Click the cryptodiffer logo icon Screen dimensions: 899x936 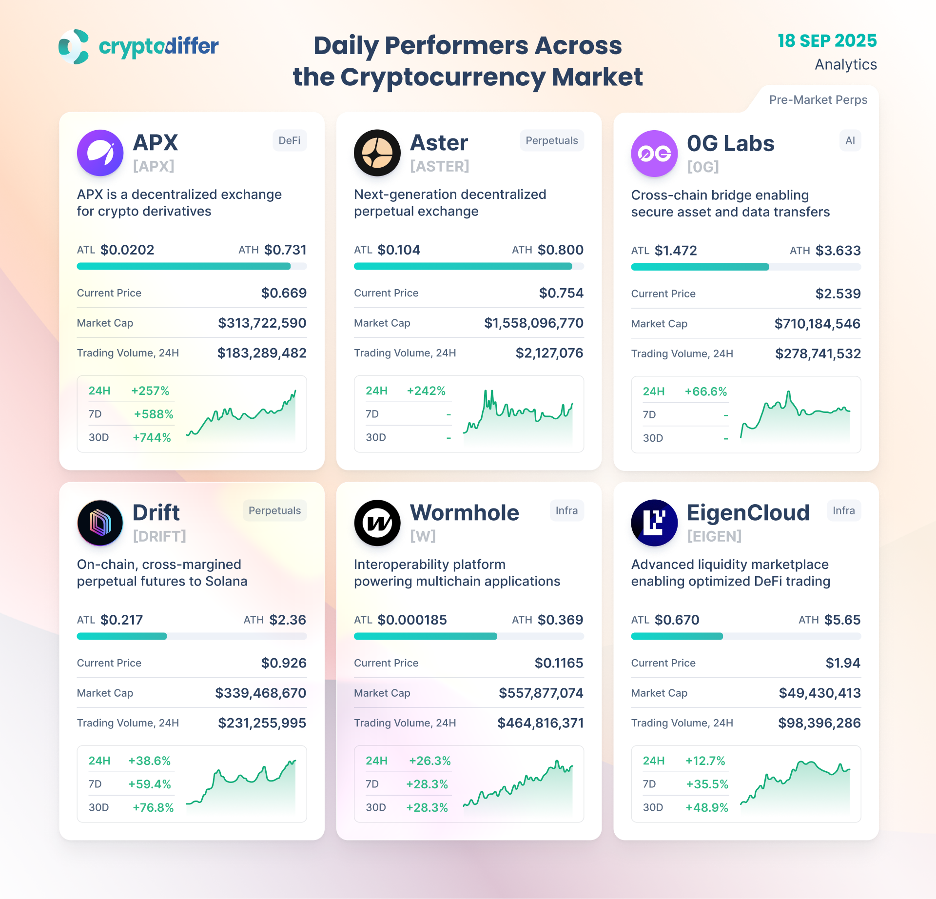click(74, 46)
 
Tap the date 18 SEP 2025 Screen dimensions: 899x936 click(827, 40)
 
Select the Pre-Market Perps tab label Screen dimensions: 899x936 click(818, 100)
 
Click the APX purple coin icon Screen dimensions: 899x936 click(100, 153)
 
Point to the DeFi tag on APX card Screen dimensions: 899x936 click(289, 140)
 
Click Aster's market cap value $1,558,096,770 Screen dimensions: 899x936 click(533, 323)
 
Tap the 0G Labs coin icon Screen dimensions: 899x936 click(654, 154)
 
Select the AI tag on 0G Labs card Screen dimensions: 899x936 click(850, 140)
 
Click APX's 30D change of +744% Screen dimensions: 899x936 click(152, 437)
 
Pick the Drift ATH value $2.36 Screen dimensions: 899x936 click(288, 620)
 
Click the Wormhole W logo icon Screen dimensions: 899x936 click(377, 523)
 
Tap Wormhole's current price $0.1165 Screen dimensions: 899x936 click(559, 663)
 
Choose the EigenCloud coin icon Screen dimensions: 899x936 click(654, 523)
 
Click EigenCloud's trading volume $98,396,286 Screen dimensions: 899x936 click(819, 723)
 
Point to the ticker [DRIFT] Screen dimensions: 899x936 click(159, 536)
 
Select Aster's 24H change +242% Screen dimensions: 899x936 click(426, 391)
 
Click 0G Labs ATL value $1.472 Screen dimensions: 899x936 click(675, 251)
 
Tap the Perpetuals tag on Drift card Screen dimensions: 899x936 click(274, 510)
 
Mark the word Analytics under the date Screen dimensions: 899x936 click(845, 64)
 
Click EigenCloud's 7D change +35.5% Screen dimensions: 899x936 click(706, 784)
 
